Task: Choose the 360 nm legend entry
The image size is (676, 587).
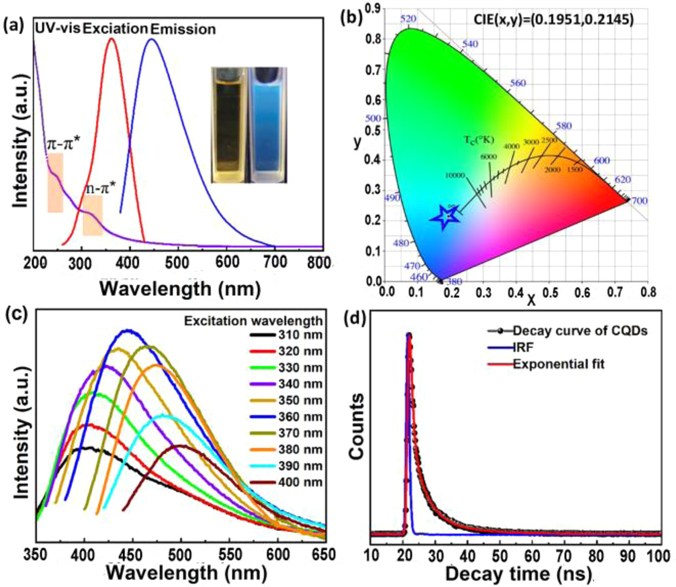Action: point(286,417)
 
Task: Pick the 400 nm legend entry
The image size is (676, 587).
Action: point(286,482)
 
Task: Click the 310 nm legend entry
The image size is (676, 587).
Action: point(286,335)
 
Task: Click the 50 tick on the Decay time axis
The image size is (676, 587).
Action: point(499,556)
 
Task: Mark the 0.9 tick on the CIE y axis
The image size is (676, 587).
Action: point(372,9)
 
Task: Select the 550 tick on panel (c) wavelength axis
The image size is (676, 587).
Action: point(229,555)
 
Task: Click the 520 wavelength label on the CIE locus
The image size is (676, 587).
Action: point(408,19)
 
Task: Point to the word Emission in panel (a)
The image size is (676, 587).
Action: point(183,29)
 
